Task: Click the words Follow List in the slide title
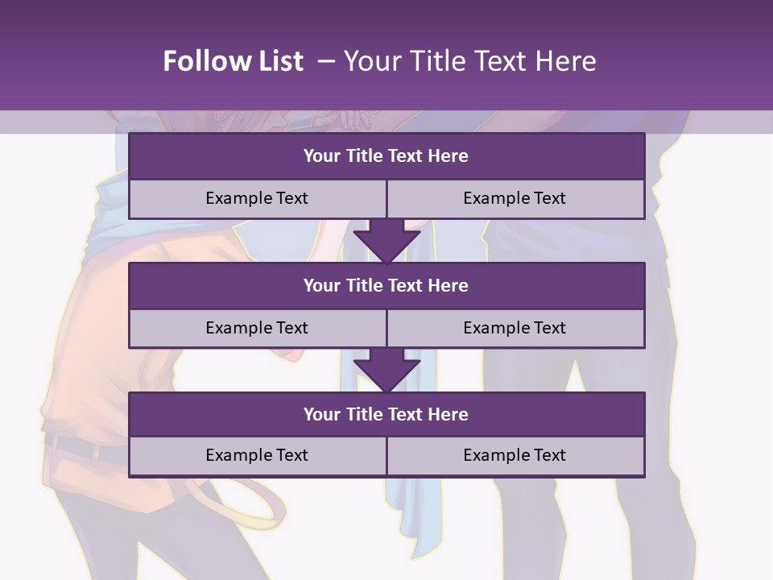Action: [233, 61]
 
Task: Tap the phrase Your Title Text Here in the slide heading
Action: [469, 61]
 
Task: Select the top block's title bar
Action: [386, 155]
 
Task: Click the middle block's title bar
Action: [386, 285]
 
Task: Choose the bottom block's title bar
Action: [386, 414]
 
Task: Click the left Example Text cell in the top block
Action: [257, 198]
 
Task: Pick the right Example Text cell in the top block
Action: [515, 198]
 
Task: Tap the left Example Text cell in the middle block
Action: [257, 328]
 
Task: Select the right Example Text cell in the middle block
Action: [515, 328]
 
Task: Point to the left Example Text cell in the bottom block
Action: [257, 455]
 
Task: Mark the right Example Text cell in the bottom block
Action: [515, 455]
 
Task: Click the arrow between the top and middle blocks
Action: [386, 241]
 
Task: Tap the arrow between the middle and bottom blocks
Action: [386, 370]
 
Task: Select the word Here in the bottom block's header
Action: [449, 414]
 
